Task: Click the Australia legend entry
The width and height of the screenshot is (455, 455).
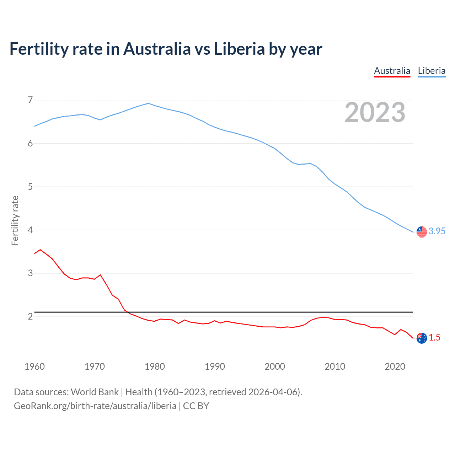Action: (x=392, y=71)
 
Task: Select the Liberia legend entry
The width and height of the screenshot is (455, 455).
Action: (x=432, y=71)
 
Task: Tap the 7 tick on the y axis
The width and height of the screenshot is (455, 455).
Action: (x=30, y=100)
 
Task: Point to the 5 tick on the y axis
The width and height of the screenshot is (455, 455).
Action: (x=30, y=187)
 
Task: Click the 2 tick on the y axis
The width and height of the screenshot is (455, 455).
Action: (x=30, y=316)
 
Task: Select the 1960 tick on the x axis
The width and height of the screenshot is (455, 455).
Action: (x=34, y=366)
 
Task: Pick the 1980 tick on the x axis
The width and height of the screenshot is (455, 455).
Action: (x=155, y=366)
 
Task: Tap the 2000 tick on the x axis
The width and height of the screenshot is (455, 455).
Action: (x=275, y=366)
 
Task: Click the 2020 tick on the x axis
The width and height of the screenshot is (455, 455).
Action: (x=395, y=366)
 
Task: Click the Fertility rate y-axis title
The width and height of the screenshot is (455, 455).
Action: (x=15, y=220)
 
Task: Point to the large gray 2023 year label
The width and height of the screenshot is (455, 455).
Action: (x=375, y=112)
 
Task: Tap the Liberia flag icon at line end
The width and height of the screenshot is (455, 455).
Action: (x=422, y=232)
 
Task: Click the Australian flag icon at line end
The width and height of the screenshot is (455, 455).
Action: (x=422, y=338)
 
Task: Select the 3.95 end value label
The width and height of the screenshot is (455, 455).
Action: (x=437, y=231)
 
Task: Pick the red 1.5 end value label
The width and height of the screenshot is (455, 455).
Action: (x=434, y=337)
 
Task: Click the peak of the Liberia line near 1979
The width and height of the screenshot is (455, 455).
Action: (x=149, y=103)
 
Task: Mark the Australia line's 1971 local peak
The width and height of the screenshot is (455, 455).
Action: (x=100, y=275)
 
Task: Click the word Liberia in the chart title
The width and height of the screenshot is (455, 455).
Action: (x=239, y=49)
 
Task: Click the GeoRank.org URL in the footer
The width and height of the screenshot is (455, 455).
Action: (x=95, y=406)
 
